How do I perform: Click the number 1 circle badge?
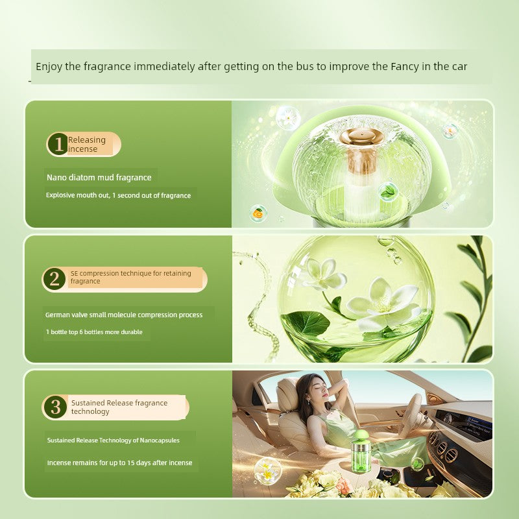58,144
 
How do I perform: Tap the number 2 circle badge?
54,279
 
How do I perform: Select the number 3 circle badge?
54,407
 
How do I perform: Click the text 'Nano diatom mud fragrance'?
99,177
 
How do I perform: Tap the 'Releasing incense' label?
87,144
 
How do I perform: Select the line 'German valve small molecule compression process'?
124,315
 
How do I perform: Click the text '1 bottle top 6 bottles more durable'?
94,332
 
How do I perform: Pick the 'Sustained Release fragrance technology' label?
119,407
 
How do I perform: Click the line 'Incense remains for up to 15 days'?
119,463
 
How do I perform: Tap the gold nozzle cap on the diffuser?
361,136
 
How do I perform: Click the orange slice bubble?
258,213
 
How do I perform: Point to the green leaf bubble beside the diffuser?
388,191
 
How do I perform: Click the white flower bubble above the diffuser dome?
288,117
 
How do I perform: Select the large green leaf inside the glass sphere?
304,322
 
